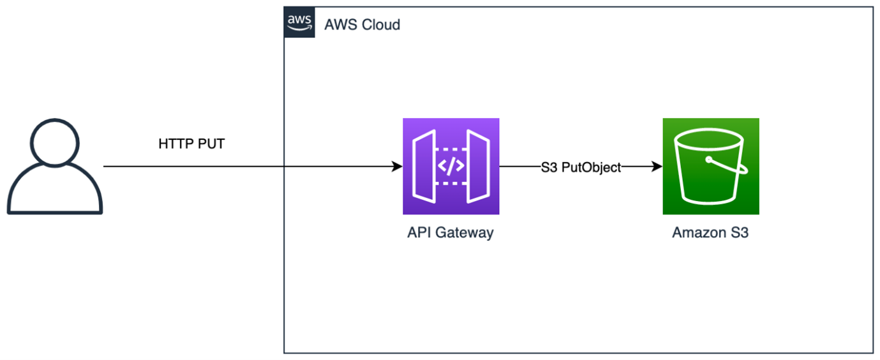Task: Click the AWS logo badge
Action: [x=299, y=22]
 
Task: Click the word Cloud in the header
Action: [x=381, y=25]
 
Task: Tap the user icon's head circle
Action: [x=55, y=143]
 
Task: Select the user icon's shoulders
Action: [x=55, y=189]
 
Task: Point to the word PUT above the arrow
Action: [x=211, y=144]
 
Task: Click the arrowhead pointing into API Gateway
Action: [x=397, y=166]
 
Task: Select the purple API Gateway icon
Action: [x=451, y=166]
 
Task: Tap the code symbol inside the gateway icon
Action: [x=451, y=166]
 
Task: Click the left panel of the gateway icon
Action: [x=424, y=166]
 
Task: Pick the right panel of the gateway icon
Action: [x=478, y=166]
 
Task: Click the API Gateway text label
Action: [x=451, y=233]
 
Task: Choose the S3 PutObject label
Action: [x=581, y=167]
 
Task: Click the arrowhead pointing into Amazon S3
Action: [x=657, y=166]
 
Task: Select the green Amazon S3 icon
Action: [x=711, y=166]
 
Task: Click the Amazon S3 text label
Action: [x=710, y=233]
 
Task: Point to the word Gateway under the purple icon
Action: [x=465, y=233]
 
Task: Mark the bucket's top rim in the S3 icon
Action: [x=708, y=139]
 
